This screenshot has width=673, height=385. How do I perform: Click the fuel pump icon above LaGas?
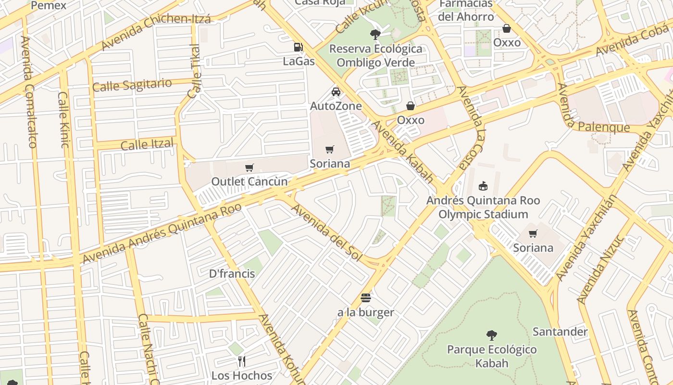coord(299,47)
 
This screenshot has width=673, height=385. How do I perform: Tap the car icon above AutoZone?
coord(336,92)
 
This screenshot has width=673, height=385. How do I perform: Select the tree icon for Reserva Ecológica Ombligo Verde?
coord(375,34)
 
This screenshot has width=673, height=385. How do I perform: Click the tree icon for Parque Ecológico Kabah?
coord(491,335)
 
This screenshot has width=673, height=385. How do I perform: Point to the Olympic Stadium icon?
coord(483,186)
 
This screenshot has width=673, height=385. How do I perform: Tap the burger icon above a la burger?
coord(366,298)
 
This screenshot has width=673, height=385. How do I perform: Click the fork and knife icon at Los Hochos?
coord(242,361)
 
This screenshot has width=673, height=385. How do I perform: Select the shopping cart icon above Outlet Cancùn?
coord(249,167)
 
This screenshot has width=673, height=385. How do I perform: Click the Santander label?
coord(560,332)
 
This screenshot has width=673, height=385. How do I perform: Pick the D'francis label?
coord(232,273)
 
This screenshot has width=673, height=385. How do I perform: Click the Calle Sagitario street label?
coord(132,85)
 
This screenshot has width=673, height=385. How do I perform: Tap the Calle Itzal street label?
coord(147,144)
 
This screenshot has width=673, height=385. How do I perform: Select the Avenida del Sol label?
coord(326,232)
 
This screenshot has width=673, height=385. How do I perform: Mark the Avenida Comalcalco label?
coord(28,91)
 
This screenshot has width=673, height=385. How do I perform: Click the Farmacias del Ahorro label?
coord(466,10)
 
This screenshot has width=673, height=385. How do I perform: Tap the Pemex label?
coord(48,5)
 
